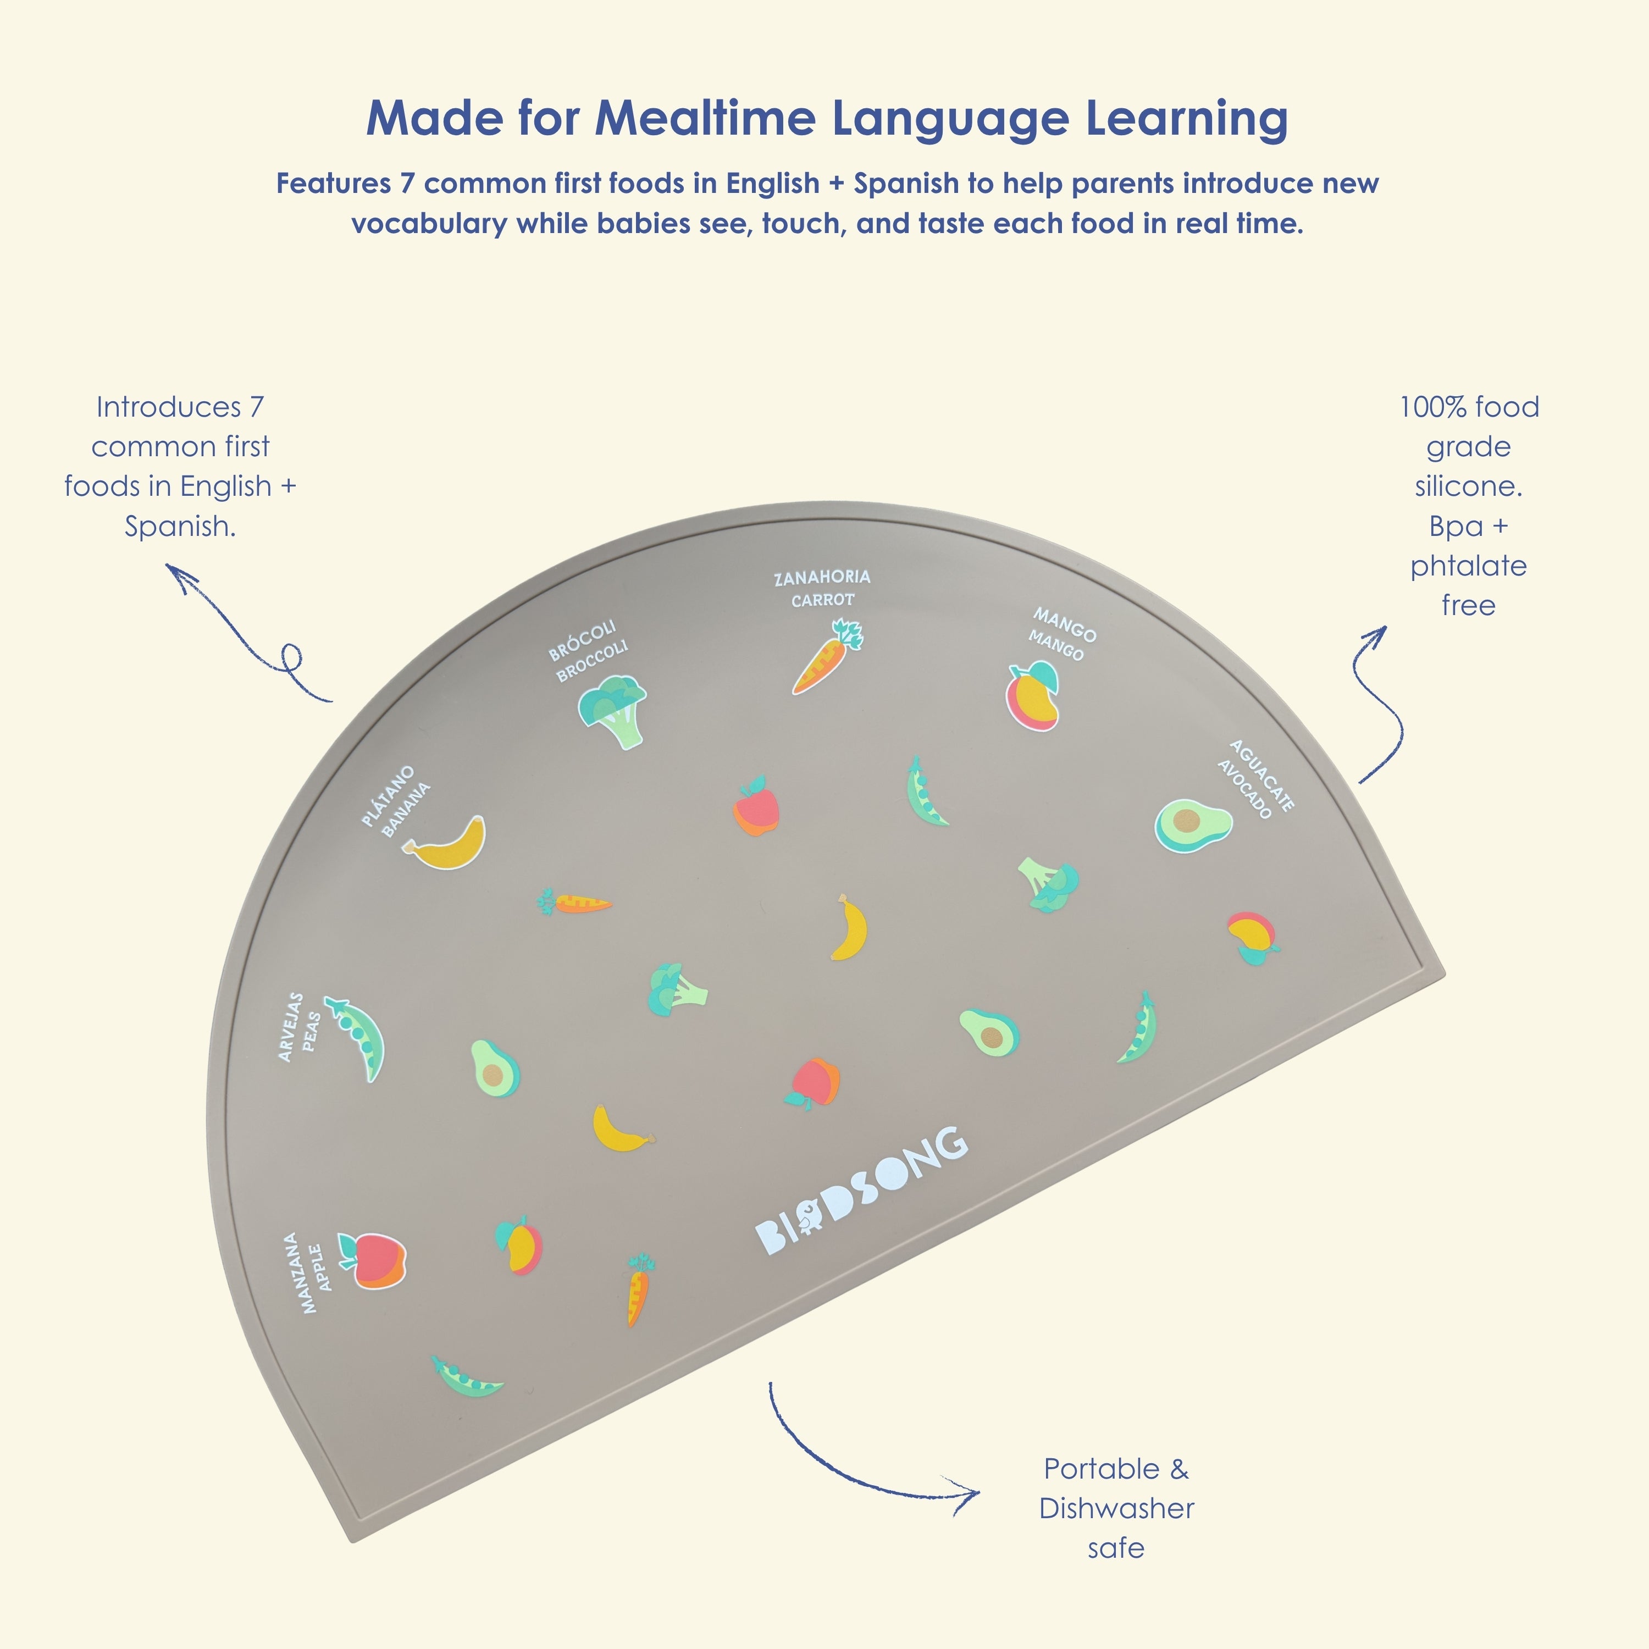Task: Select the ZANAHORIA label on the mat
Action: click(x=822, y=578)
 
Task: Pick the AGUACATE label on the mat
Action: click(x=1263, y=775)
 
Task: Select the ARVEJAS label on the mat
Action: click(x=290, y=1027)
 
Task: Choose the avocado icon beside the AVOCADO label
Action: click(x=1193, y=824)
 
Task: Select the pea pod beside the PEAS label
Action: click(x=356, y=1038)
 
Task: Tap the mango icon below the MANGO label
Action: click(x=1033, y=696)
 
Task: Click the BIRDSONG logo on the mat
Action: click(x=862, y=1191)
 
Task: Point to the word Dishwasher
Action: click(x=1116, y=1508)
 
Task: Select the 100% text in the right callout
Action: click(x=1434, y=407)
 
